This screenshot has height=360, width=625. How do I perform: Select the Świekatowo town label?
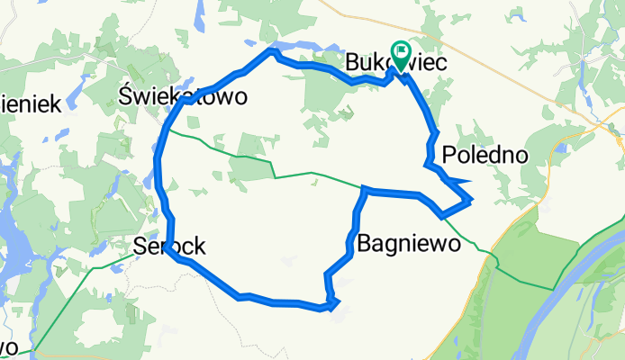[183, 97]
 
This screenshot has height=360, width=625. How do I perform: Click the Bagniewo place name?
[410, 242]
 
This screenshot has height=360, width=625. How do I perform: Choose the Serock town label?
[169, 244]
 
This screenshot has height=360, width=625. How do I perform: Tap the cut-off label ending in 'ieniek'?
[29, 103]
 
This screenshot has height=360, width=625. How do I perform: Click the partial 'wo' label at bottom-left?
[7, 346]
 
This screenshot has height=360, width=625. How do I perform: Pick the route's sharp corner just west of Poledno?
[426, 164]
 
